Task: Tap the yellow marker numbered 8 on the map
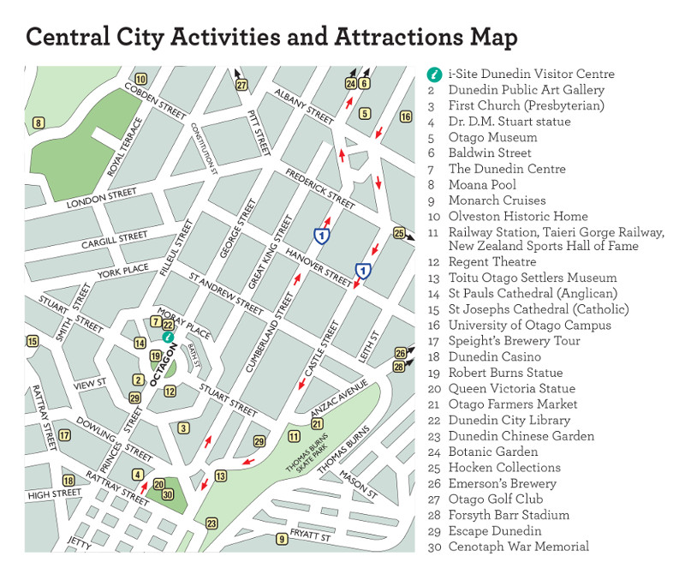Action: (x=38, y=123)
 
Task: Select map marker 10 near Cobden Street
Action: (x=140, y=80)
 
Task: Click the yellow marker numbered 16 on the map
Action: (x=406, y=117)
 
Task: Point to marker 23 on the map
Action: (x=211, y=523)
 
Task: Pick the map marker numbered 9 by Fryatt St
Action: (x=281, y=539)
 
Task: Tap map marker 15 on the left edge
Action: (x=33, y=342)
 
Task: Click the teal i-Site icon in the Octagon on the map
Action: (x=169, y=338)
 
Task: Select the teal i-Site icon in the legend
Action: (x=434, y=75)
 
